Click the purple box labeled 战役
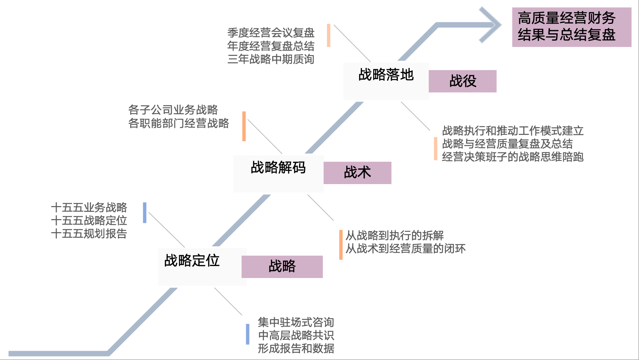click(462, 81)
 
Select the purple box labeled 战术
click(357, 173)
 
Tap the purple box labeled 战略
click(282, 267)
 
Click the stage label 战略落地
click(386, 75)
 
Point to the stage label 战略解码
click(278, 168)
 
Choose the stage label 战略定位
click(192, 260)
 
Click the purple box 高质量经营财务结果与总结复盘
click(571, 27)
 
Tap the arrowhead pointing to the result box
click(491, 25)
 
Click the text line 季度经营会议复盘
click(271, 33)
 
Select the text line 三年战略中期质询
click(271, 59)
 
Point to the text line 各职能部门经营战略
click(179, 123)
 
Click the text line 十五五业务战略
click(89, 207)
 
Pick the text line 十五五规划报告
click(89, 234)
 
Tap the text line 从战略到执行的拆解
click(394, 236)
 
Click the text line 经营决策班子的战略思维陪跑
click(513, 157)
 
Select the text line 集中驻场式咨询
click(296, 322)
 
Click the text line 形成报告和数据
click(296, 348)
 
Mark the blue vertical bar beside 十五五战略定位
click(145, 213)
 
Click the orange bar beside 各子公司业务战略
click(244, 126)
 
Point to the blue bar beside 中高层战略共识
click(248, 334)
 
